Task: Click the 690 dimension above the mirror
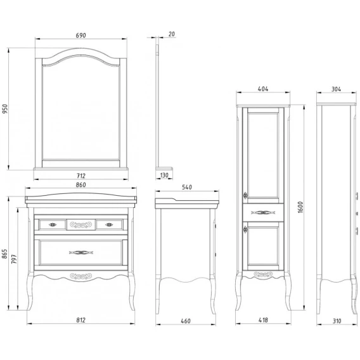81,35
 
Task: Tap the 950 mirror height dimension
5,109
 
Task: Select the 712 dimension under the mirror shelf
81,176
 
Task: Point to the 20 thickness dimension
172,34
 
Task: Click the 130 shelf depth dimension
164,176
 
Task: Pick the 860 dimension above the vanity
81,185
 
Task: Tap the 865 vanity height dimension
4,254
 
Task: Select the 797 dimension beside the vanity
14,259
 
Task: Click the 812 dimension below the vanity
81,320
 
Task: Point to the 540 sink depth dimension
187,188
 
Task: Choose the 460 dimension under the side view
186,321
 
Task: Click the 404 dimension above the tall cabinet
263,89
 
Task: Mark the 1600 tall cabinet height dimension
300,207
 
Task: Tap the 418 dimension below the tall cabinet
263,320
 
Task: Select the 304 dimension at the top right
337,89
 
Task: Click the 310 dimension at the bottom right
337,321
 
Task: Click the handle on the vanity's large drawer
81,252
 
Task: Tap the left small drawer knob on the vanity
53,225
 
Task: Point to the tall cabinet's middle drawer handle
263,212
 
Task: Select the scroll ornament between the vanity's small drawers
81,224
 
